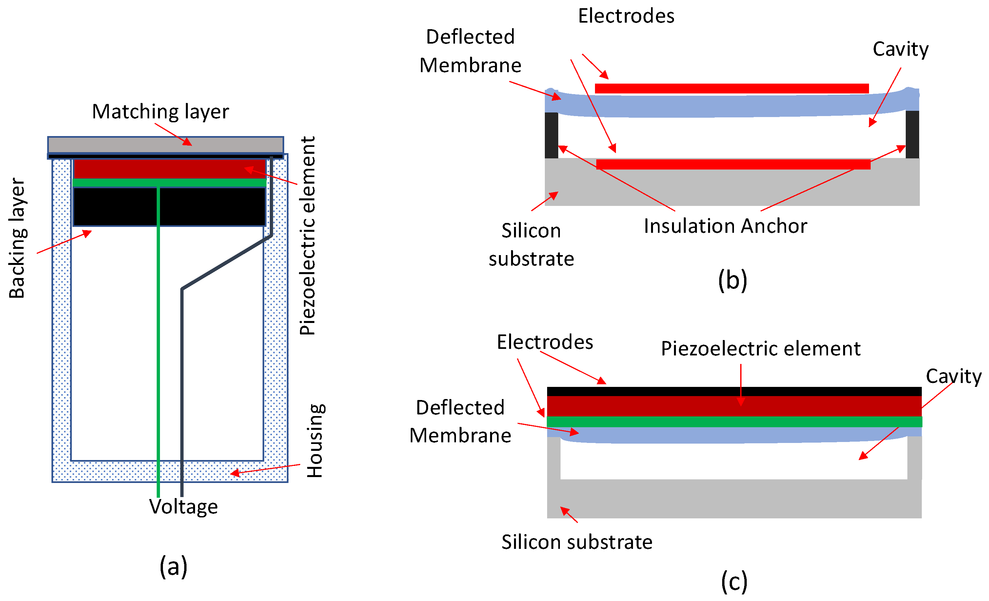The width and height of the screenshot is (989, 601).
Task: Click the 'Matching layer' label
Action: (x=160, y=111)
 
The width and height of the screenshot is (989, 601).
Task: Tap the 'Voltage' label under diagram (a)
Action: (x=184, y=506)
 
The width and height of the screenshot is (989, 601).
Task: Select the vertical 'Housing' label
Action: (x=315, y=440)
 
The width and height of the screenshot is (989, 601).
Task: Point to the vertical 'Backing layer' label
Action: (x=17, y=238)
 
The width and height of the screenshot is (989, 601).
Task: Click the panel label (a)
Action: (x=173, y=566)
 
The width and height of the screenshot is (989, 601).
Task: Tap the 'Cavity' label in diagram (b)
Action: (x=900, y=49)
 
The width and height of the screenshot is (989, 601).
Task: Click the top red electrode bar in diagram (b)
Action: (x=731, y=88)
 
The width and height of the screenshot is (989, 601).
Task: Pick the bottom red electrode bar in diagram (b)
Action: (x=733, y=164)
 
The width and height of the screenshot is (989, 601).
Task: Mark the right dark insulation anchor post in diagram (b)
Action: (x=912, y=134)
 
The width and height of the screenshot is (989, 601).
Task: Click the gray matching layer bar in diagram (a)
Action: (x=165, y=145)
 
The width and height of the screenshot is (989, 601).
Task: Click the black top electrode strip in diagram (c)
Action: (x=734, y=391)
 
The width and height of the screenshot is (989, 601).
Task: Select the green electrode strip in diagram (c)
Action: (x=734, y=422)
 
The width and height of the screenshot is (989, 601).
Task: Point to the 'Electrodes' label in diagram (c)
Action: (x=545, y=342)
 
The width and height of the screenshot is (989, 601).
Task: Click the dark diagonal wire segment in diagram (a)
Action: (x=227, y=262)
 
